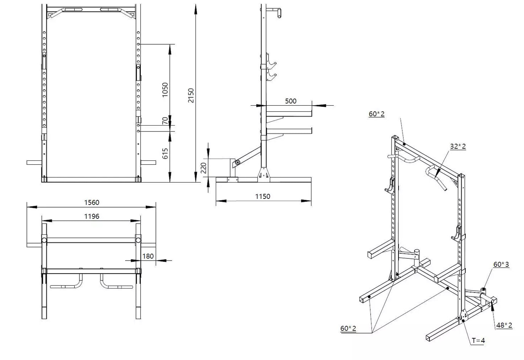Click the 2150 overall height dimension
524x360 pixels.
point(191,95)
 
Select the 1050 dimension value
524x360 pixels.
point(165,90)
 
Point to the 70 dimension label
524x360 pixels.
point(165,121)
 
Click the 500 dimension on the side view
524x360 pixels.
point(290,101)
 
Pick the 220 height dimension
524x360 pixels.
point(203,168)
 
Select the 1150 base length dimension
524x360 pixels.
point(263,196)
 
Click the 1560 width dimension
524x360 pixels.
point(91,202)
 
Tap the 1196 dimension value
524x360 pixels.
point(91,216)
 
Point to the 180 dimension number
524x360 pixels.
point(148,256)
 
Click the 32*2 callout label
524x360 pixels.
point(458,146)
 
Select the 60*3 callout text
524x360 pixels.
point(501,264)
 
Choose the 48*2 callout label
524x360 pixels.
point(504,325)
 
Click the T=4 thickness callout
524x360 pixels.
point(478,340)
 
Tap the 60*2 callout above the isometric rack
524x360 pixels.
point(376,114)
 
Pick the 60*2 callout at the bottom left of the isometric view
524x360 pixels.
point(348,328)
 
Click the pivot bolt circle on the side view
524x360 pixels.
point(237,163)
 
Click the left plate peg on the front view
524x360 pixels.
point(34,162)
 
